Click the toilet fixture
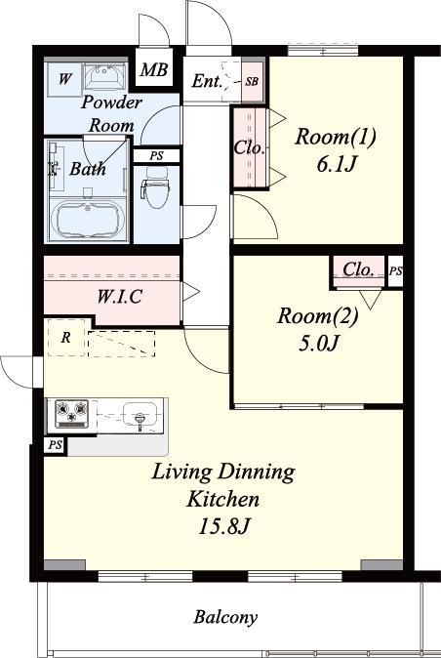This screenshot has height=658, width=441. (x=155, y=187)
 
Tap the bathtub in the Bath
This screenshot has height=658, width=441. (x=88, y=220)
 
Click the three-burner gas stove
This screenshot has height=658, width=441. (x=71, y=413)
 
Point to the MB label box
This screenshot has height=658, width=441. (x=154, y=68)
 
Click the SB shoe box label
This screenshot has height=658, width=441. (x=253, y=81)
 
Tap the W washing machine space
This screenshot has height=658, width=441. (x=64, y=78)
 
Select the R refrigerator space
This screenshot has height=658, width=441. (x=66, y=338)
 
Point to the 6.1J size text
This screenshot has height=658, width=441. (x=337, y=164)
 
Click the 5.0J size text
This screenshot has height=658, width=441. (x=319, y=344)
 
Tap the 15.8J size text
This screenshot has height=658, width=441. (x=224, y=526)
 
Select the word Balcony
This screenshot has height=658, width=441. (x=225, y=617)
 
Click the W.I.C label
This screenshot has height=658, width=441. (x=119, y=297)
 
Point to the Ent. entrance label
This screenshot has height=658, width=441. (x=207, y=81)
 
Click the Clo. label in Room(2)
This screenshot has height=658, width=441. (x=358, y=269)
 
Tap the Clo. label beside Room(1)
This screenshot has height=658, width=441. (x=250, y=147)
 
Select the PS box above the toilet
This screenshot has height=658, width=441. (x=157, y=155)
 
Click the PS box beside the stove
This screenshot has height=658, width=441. (x=55, y=445)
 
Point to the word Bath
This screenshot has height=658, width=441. (x=88, y=168)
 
